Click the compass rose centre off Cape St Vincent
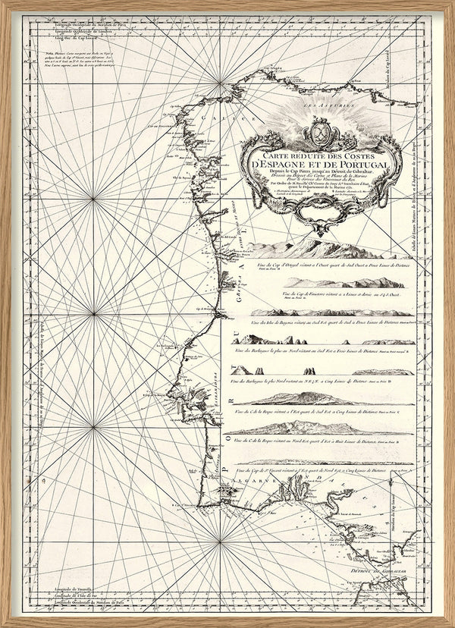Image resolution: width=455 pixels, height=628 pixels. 219,542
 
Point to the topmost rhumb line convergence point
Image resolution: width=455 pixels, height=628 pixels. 221,80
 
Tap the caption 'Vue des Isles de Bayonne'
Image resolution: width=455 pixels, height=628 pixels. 318,321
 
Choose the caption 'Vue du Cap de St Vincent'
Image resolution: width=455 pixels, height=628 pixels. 318,470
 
